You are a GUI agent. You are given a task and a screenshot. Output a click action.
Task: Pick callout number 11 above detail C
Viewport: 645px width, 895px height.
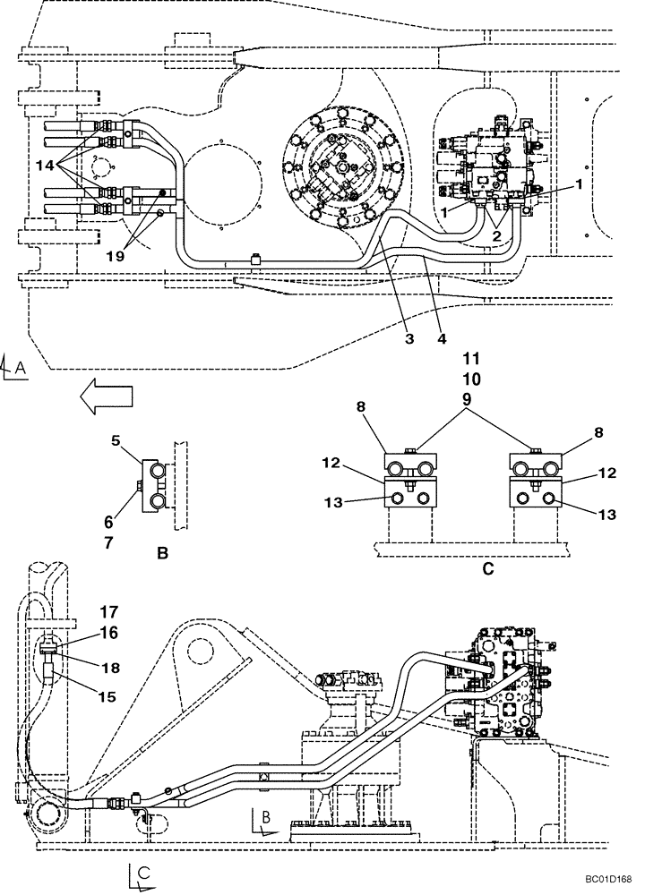tap(471, 360)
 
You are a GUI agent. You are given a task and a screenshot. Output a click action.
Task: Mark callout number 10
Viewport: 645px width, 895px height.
tap(471, 379)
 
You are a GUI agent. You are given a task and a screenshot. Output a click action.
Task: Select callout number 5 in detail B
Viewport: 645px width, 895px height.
tap(116, 440)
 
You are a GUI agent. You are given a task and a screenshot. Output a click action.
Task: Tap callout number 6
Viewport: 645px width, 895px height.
tap(109, 522)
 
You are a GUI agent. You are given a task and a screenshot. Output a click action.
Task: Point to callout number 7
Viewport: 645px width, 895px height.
tap(109, 541)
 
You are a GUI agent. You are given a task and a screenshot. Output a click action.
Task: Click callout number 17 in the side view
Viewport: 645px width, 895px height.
tap(108, 613)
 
